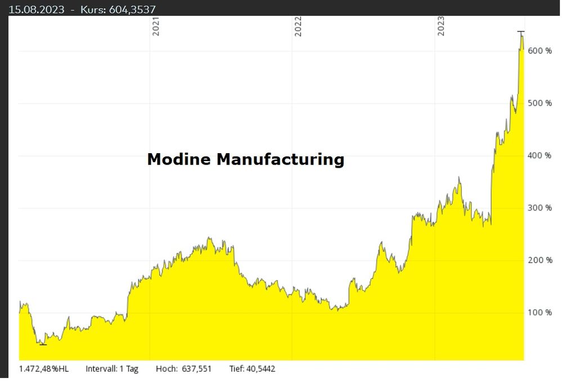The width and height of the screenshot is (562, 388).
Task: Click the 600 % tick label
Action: pyautogui.click(x=539, y=51)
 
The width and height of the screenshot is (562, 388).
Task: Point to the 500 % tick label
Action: pyautogui.click(x=539, y=103)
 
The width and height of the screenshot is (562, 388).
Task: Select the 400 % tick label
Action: pyautogui.click(x=539, y=155)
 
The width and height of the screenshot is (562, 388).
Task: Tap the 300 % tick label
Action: pyautogui.click(x=539, y=208)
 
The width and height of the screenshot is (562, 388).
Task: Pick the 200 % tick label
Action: pyautogui.click(x=539, y=260)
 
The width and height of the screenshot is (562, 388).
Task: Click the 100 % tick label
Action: pyautogui.click(x=539, y=313)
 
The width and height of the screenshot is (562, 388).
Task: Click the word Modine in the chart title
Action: pyautogui.click(x=179, y=160)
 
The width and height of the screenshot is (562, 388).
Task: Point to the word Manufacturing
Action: pyautogui.click(x=280, y=160)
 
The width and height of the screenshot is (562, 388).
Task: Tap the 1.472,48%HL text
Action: pyautogui.click(x=44, y=369)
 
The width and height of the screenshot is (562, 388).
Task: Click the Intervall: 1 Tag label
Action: pyautogui.click(x=112, y=369)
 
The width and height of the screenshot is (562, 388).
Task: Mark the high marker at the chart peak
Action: pyautogui.click(x=521, y=32)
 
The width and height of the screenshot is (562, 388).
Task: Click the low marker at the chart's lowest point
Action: pyautogui.click(x=43, y=344)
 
